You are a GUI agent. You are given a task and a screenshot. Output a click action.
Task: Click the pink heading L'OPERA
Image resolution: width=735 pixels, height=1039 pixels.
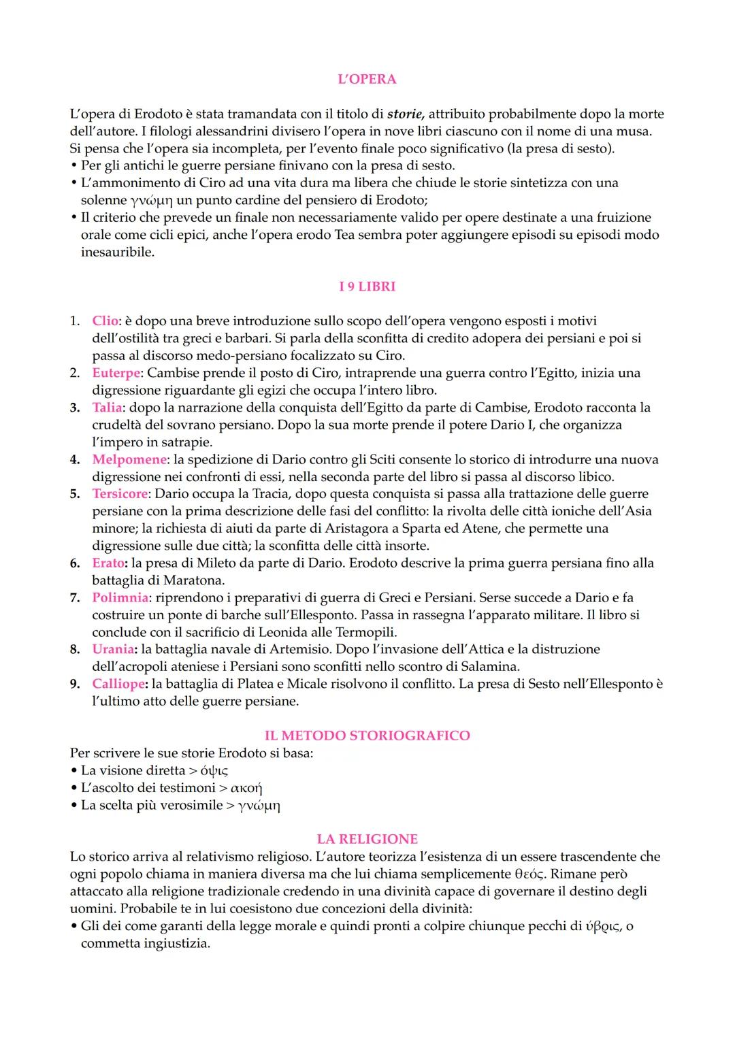coord(367,79)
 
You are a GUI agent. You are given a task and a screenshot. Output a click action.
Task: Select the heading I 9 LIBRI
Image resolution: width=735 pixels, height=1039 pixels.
coord(367,286)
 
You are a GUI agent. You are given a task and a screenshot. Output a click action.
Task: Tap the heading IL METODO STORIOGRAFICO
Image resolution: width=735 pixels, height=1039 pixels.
coord(367,736)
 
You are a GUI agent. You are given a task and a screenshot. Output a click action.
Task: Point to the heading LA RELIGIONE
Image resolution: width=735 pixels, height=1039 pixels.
coord(367,839)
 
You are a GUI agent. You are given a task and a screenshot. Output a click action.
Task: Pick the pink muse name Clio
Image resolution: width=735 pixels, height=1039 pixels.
coord(105,321)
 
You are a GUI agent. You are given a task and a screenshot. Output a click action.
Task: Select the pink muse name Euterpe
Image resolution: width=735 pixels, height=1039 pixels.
coord(116,373)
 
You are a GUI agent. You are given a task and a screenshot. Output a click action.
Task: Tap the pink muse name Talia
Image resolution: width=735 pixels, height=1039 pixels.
coord(108,408)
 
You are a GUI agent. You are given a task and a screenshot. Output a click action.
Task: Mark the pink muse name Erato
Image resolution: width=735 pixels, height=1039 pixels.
coord(109,563)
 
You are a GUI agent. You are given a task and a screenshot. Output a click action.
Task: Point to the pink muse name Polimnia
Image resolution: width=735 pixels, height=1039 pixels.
coord(120,597)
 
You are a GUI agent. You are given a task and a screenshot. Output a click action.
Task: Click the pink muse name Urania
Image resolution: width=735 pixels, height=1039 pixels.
coord(114,649)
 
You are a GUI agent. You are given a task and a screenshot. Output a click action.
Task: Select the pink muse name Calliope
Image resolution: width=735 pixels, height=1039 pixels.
coord(118,684)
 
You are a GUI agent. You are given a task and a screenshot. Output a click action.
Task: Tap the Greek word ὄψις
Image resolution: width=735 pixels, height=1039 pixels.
coord(214,771)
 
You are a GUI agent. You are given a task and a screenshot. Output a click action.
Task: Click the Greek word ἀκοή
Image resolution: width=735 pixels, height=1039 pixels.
coord(246,788)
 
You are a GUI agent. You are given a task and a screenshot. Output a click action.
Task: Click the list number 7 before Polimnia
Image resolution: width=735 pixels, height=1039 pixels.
coord(74,597)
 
